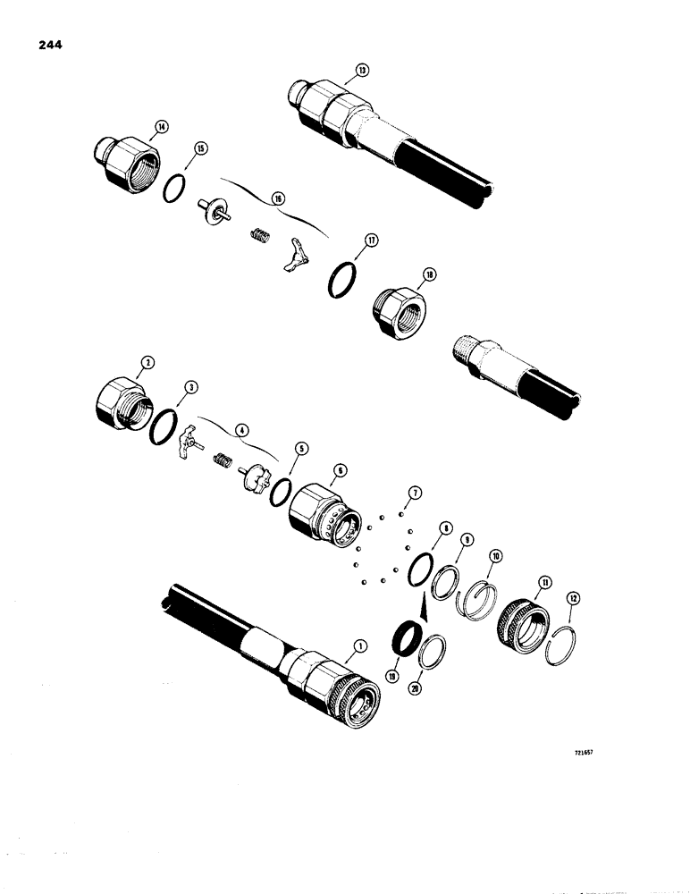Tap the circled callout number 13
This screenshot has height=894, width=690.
click(x=360, y=69)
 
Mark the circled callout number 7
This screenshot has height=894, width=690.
click(x=413, y=492)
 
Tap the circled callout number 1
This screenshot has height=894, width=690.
click(x=360, y=645)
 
